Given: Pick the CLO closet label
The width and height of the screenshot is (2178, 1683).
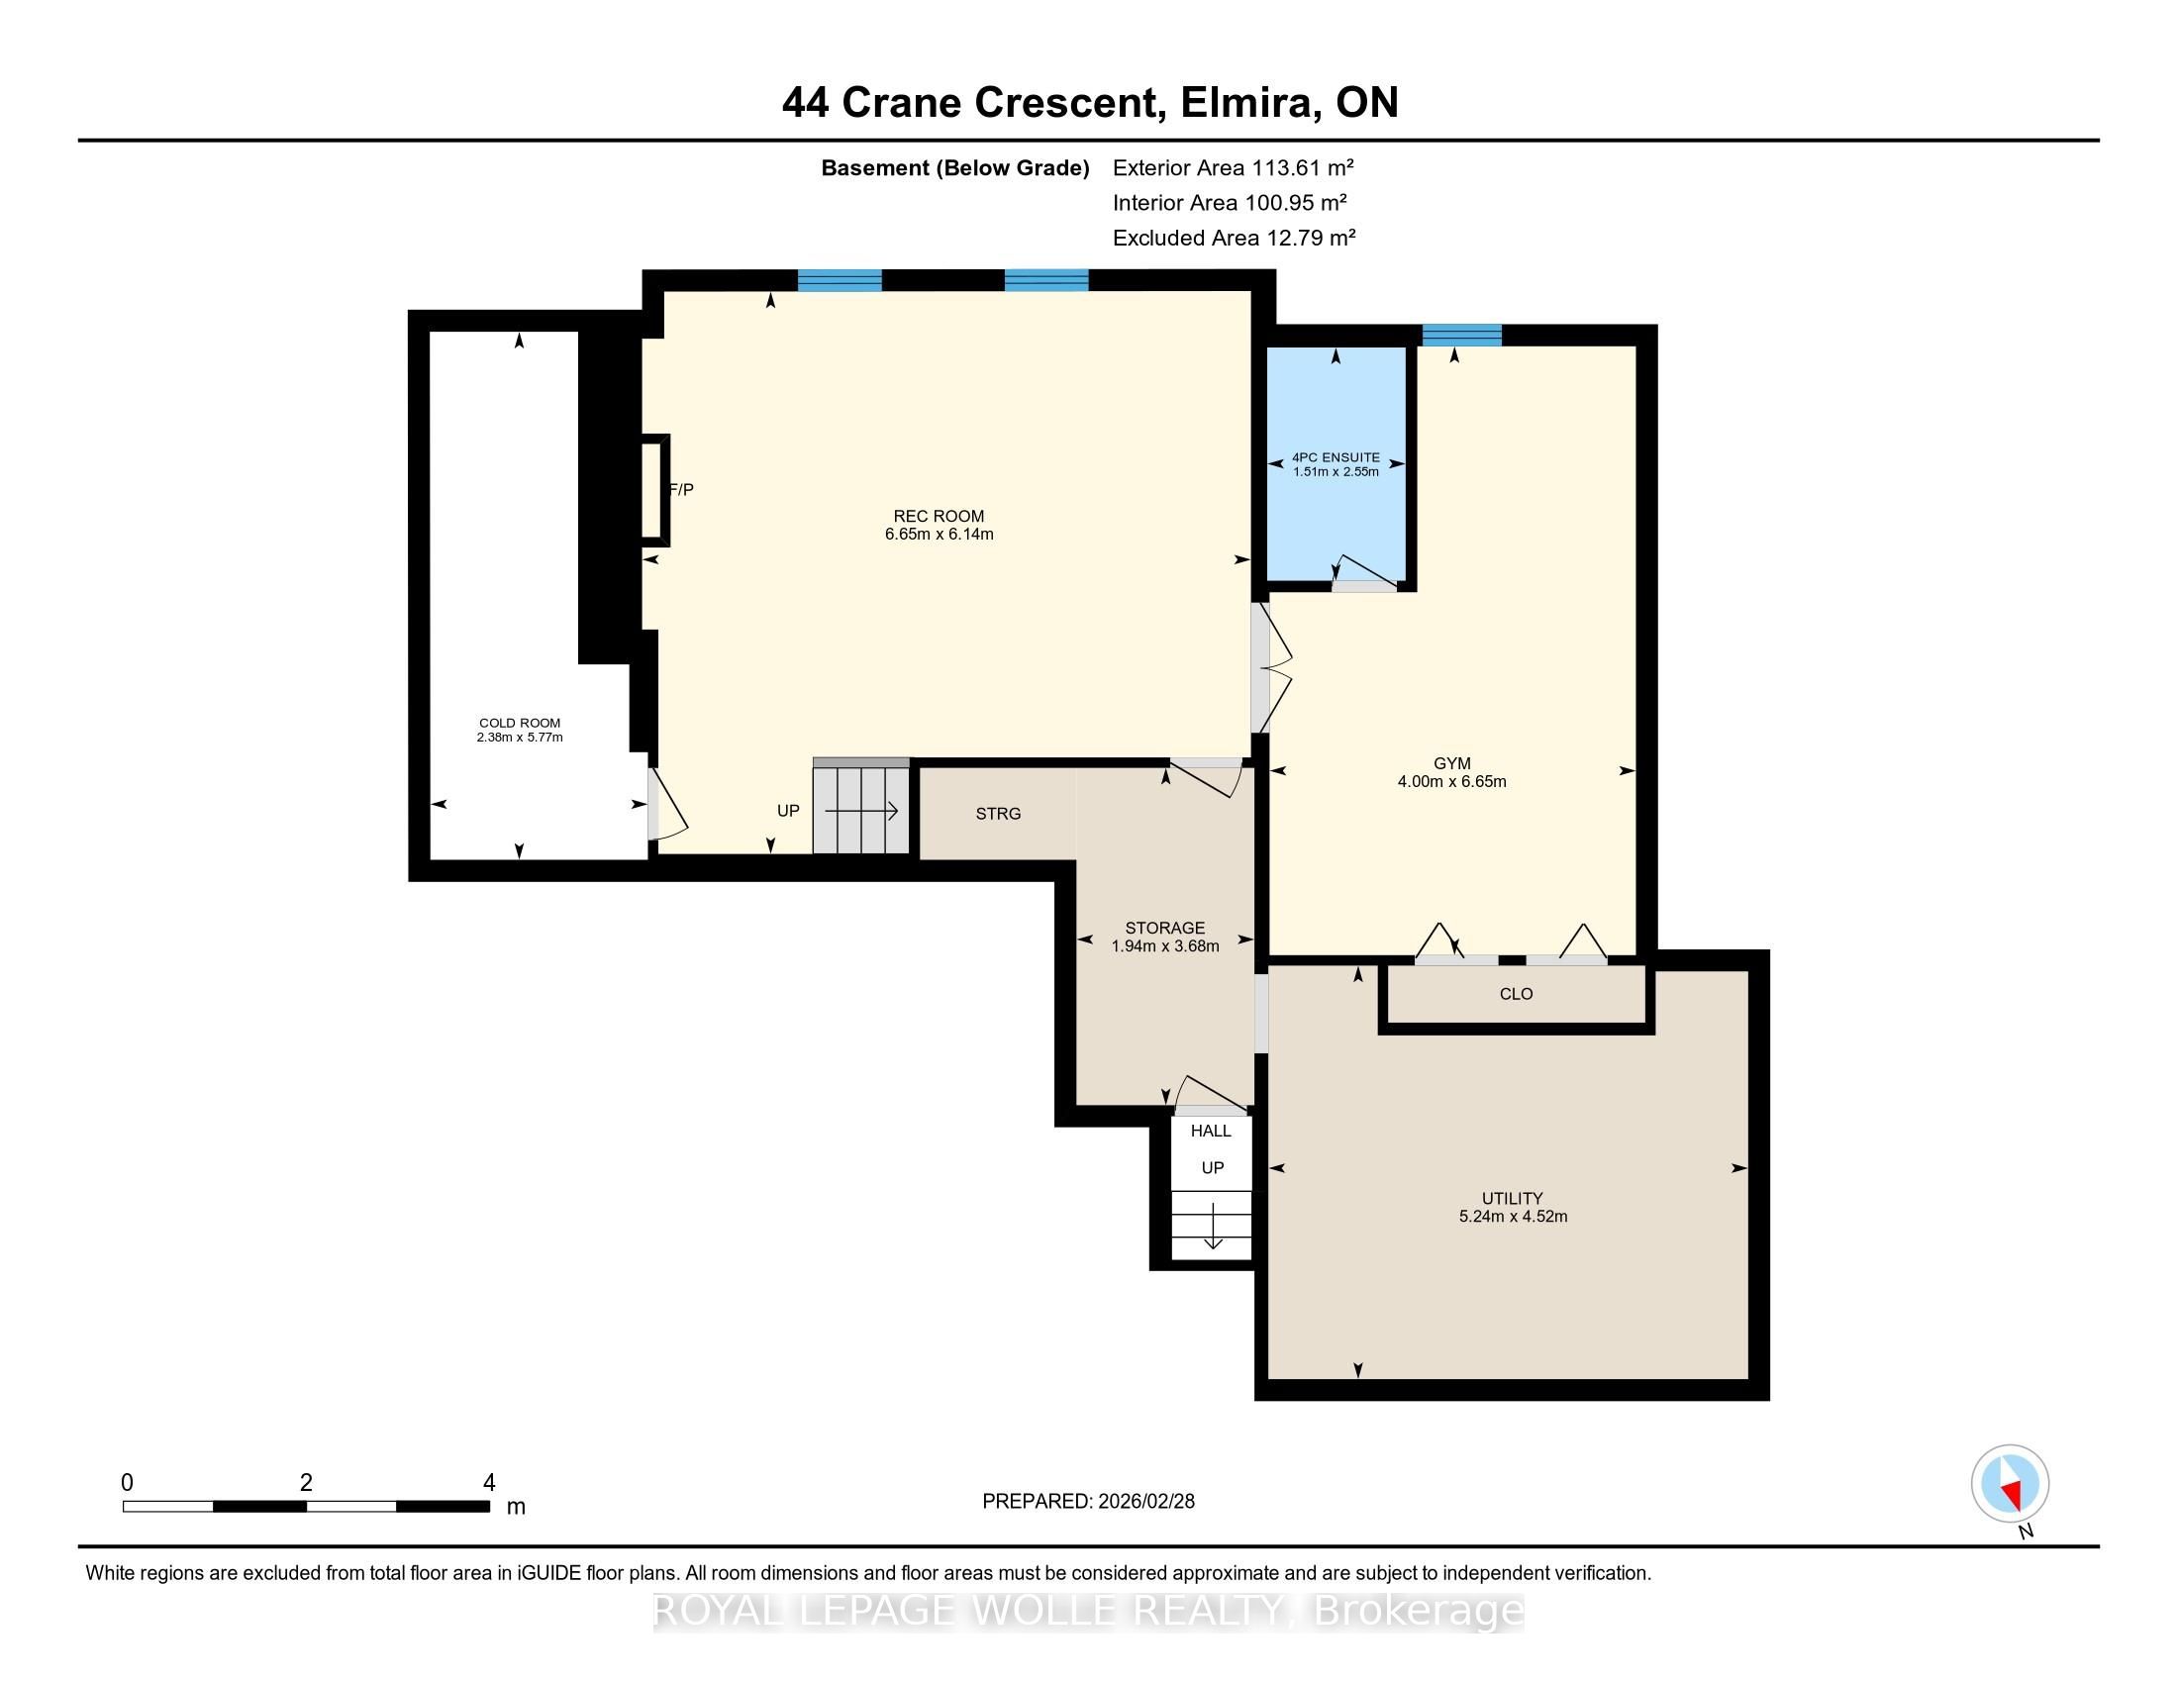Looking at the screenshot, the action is pyautogui.click(x=1516, y=994).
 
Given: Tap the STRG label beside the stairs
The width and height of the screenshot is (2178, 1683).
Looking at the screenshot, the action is pyautogui.click(x=998, y=814).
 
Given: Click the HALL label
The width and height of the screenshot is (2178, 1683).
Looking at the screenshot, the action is pyautogui.click(x=1211, y=1131).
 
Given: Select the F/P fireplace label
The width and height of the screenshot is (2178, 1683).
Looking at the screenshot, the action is pyautogui.click(x=681, y=489).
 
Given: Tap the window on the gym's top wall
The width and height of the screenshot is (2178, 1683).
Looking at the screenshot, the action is pyautogui.click(x=1462, y=335).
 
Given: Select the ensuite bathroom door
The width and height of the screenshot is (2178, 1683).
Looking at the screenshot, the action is pyautogui.click(x=1364, y=574).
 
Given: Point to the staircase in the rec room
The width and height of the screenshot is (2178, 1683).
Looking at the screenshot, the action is pyautogui.click(x=861, y=807).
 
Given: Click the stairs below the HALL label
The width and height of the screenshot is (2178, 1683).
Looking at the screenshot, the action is pyautogui.click(x=1212, y=1227).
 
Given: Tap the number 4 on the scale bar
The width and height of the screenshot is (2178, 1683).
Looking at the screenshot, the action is pyautogui.click(x=489, y=1483).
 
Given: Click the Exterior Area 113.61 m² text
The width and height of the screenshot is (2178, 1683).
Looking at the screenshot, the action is pyautogui.click(x=1234, y=167).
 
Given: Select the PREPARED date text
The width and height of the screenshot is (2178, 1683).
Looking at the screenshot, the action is pyautogui.click(x=1088, y=1502).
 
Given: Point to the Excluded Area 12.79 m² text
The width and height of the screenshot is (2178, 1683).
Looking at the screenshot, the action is pyautogui.click(x=1235, y=238).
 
